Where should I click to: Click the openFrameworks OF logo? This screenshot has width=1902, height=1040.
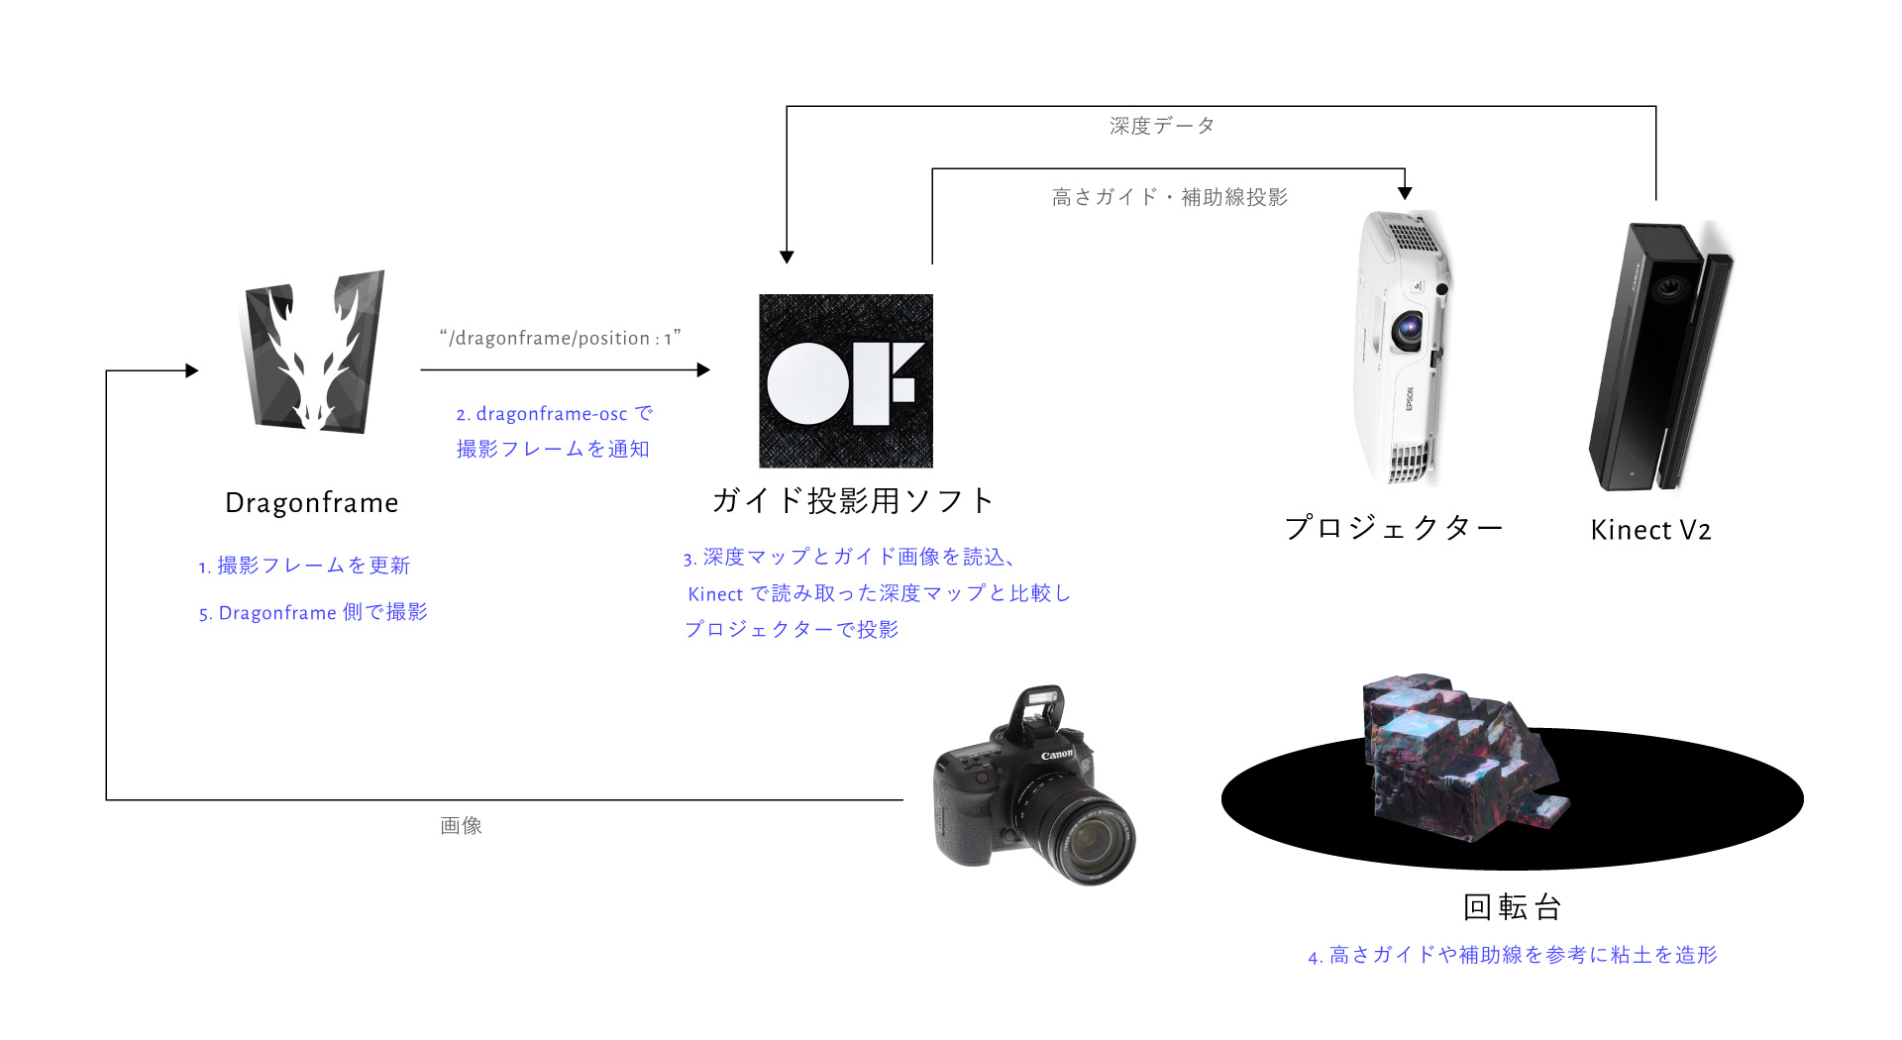[x=845, y=381]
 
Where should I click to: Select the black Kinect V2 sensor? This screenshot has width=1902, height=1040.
[x=1660, y=357]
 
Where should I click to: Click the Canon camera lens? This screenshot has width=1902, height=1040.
[x=1090, y=837]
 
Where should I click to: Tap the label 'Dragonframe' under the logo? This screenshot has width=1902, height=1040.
[x=312, y=503]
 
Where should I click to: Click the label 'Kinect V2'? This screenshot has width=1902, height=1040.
[x=1650, y=530]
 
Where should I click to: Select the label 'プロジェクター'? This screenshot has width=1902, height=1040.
[x=1394, y=527]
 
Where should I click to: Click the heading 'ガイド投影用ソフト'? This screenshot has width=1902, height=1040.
[x=852, y=500]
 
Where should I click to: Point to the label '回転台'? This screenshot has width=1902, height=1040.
[x=1513, y=906]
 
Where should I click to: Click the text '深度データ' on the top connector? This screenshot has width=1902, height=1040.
[x=1162, y=126]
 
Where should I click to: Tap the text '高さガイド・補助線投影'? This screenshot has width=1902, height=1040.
[x=1170, y=197]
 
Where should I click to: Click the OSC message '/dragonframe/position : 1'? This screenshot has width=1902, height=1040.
[x=561, y=338]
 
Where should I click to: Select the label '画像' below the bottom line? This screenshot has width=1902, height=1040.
[x=462, y=825]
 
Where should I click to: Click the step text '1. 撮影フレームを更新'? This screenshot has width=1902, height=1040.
[x=304, y=566]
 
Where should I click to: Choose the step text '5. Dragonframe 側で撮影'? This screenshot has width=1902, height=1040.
[x=313, y=612]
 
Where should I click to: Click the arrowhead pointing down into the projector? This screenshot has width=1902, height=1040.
[x=1405, y=193]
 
